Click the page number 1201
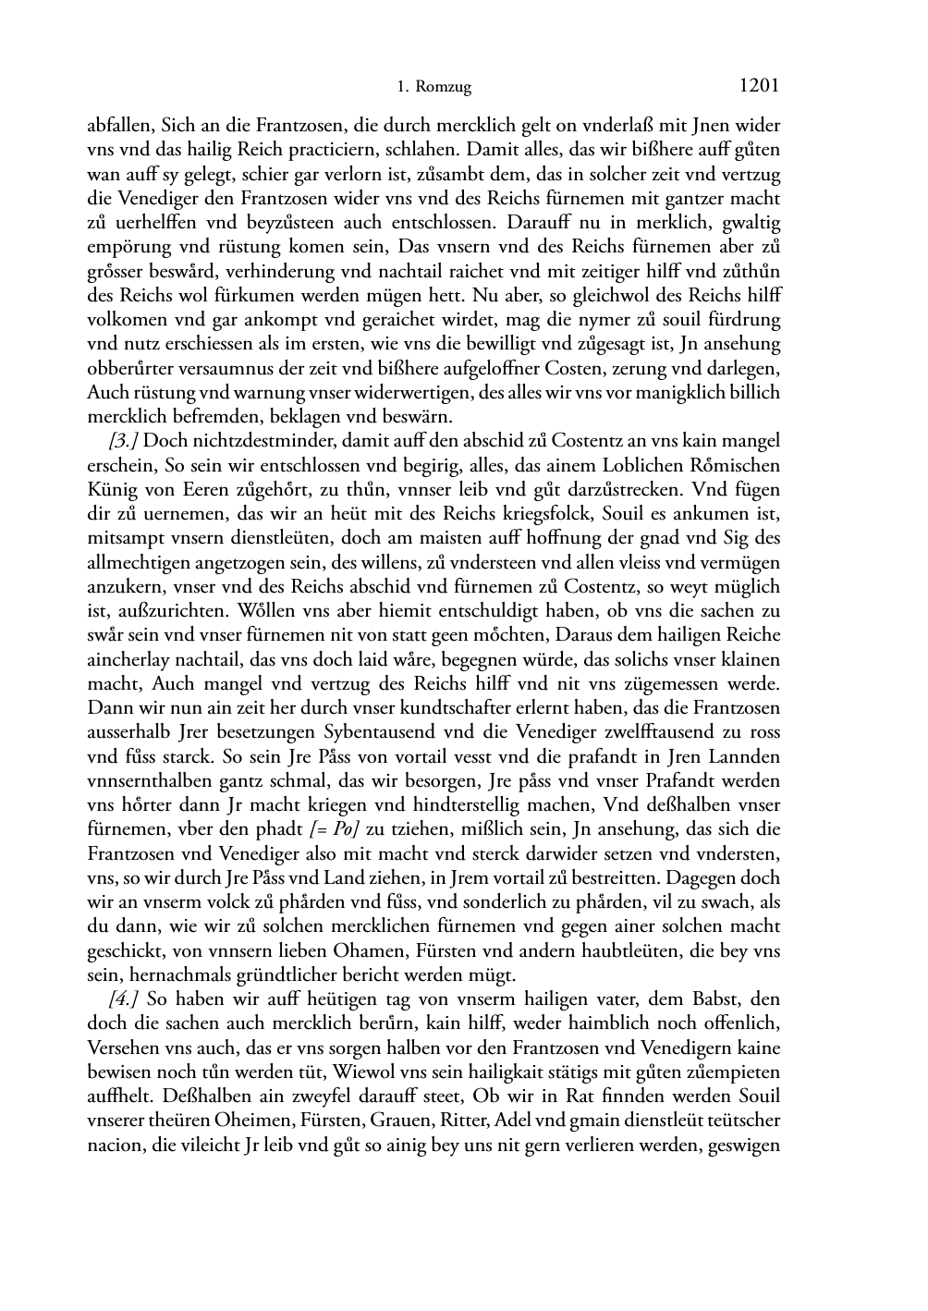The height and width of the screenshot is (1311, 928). click(x=760, y=86)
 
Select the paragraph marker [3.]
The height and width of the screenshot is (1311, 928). click(x=125, y=441)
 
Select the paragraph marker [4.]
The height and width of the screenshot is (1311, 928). click(x=125, y=999)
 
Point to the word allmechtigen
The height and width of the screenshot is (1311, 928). click(x=134, y=562)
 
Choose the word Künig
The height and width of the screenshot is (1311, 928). click(x=111, y=490)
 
